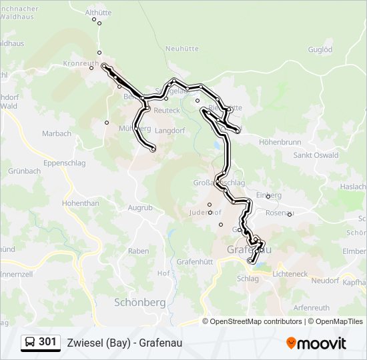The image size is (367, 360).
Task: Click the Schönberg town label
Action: pyautogui.click(x=139, y=301)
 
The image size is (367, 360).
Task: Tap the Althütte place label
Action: pyautogui.click(x=98, y=12)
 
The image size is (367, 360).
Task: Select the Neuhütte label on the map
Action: pyautogui.click(x=182, y=49)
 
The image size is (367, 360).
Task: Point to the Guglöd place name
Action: pyautogui.click(x=320, y=49)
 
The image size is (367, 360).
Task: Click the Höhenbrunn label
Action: pyautogui.click(x=280, y=142)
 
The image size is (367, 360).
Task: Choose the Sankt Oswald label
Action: pyautogui.click(x=316, y=155)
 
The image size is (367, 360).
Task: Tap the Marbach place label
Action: pyautogui.click(x=57, y=133)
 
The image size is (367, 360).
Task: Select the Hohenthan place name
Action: pyautogui.click(x=80, y=203)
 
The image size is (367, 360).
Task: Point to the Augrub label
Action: pyautogui.click(x=140, y=207)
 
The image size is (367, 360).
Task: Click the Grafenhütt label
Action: pyautogui.click(x=195, y=262)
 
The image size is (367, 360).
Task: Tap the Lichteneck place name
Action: pyautogui.click(x=290, y=274)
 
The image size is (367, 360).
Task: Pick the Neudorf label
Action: pyautogui.click(x=325, y=280)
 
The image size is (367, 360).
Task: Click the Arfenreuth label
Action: pyautogui.click(x=312, y=308)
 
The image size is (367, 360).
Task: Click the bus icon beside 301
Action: pyautogui.click(x=31, y=342)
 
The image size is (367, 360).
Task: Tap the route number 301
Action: pyautogui.click(x=47, y=342)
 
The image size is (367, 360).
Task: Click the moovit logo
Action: pyautogui.click(x=316, y=343)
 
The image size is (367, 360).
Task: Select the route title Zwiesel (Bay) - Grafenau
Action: pyautogui.click(x=124, y=343)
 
